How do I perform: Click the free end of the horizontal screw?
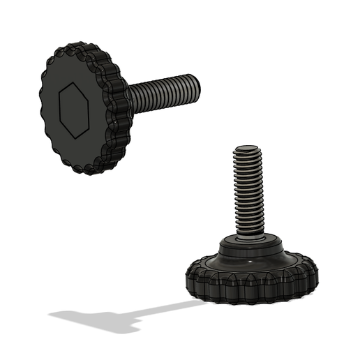200,88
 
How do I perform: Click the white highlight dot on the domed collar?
249,262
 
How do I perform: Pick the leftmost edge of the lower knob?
186,279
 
